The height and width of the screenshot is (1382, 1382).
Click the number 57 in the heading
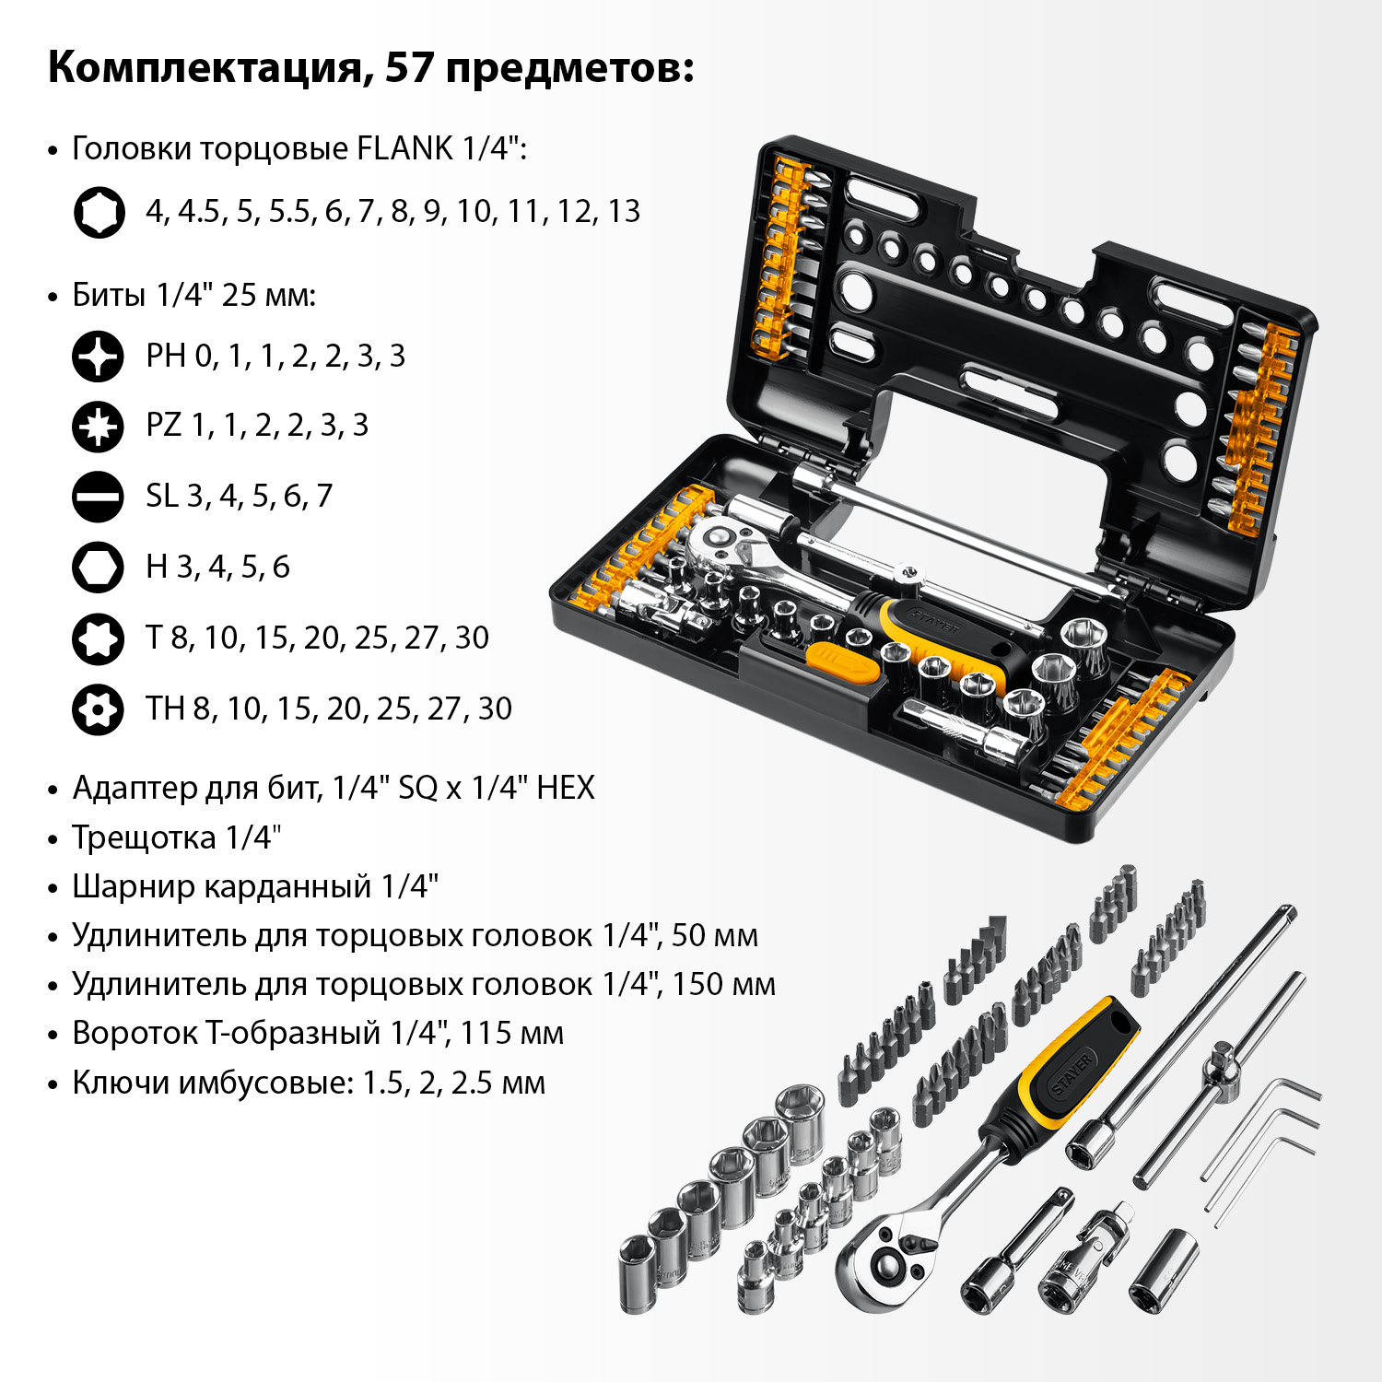[408, 67]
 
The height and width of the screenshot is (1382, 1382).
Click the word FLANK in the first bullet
[404, 148]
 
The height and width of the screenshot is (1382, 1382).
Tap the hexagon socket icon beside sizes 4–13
[99, 213]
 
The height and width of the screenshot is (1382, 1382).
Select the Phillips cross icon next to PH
[98, 357]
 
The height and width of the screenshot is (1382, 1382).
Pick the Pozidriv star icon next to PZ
[98, 427]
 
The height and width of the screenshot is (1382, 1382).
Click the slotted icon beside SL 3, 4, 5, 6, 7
[98, 498]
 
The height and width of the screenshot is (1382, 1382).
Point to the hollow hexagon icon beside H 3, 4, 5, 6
[98, 568]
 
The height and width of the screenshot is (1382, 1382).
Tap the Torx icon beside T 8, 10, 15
[98, 638]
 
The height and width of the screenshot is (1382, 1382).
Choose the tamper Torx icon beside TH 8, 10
[98, 709]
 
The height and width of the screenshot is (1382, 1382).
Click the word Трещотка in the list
[144, 837]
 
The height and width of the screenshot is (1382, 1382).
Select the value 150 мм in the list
[723, 984]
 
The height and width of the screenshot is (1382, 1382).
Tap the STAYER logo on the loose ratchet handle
[1074, 1072]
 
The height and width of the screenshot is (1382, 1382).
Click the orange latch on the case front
[841, 662]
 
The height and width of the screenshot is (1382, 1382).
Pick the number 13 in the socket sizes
[624, 212]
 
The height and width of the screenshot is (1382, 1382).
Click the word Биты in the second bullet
[110, 296]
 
